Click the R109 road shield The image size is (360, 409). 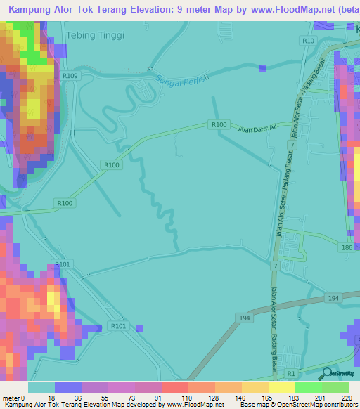[70, 75]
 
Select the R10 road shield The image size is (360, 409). [308, 41]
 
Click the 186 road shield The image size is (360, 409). [347, 249]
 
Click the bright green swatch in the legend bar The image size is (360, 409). [309, 388]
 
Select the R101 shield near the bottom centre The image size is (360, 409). [118, 326]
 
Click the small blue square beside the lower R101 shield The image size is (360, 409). [139, 328]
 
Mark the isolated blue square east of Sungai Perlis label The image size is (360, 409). [262, 68]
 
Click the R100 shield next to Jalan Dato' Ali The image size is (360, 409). [219, 124]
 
